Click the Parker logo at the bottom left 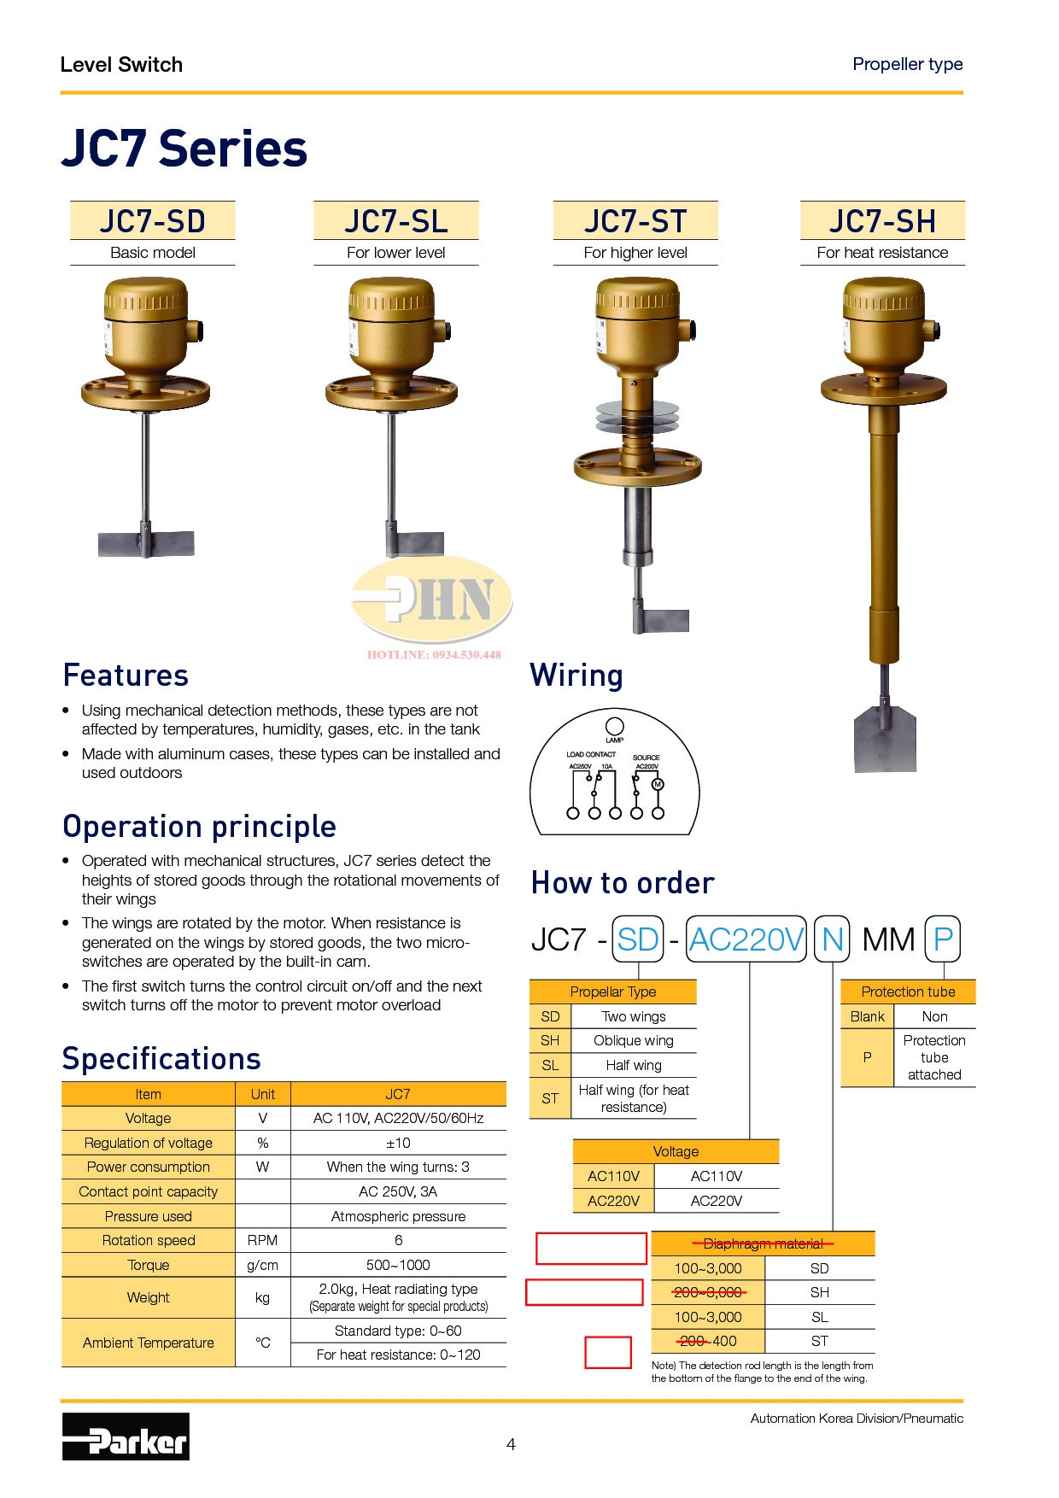pos(126,1436)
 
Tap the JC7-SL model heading pos(396,221)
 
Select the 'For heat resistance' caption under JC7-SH pos(882,253)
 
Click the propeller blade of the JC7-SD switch pos(146,543)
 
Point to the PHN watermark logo pos(432,598)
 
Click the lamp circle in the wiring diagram pos(614,727)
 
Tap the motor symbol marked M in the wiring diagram pos(658,784)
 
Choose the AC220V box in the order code pos(746,939)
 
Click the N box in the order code pos(833,939)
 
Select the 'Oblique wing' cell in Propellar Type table pos(634,1040)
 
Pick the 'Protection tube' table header pos(908,992)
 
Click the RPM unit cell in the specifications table pos(263,1240)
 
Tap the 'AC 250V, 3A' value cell pos(398,1191)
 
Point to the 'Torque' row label pos(149,1265)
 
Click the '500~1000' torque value pos(398,1265)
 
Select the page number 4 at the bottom pos(511,1444)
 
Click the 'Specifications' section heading pos(161,1059)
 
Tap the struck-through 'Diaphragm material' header pos(764,1243)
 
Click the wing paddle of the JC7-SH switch pos(885,738)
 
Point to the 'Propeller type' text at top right pos(908,64)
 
